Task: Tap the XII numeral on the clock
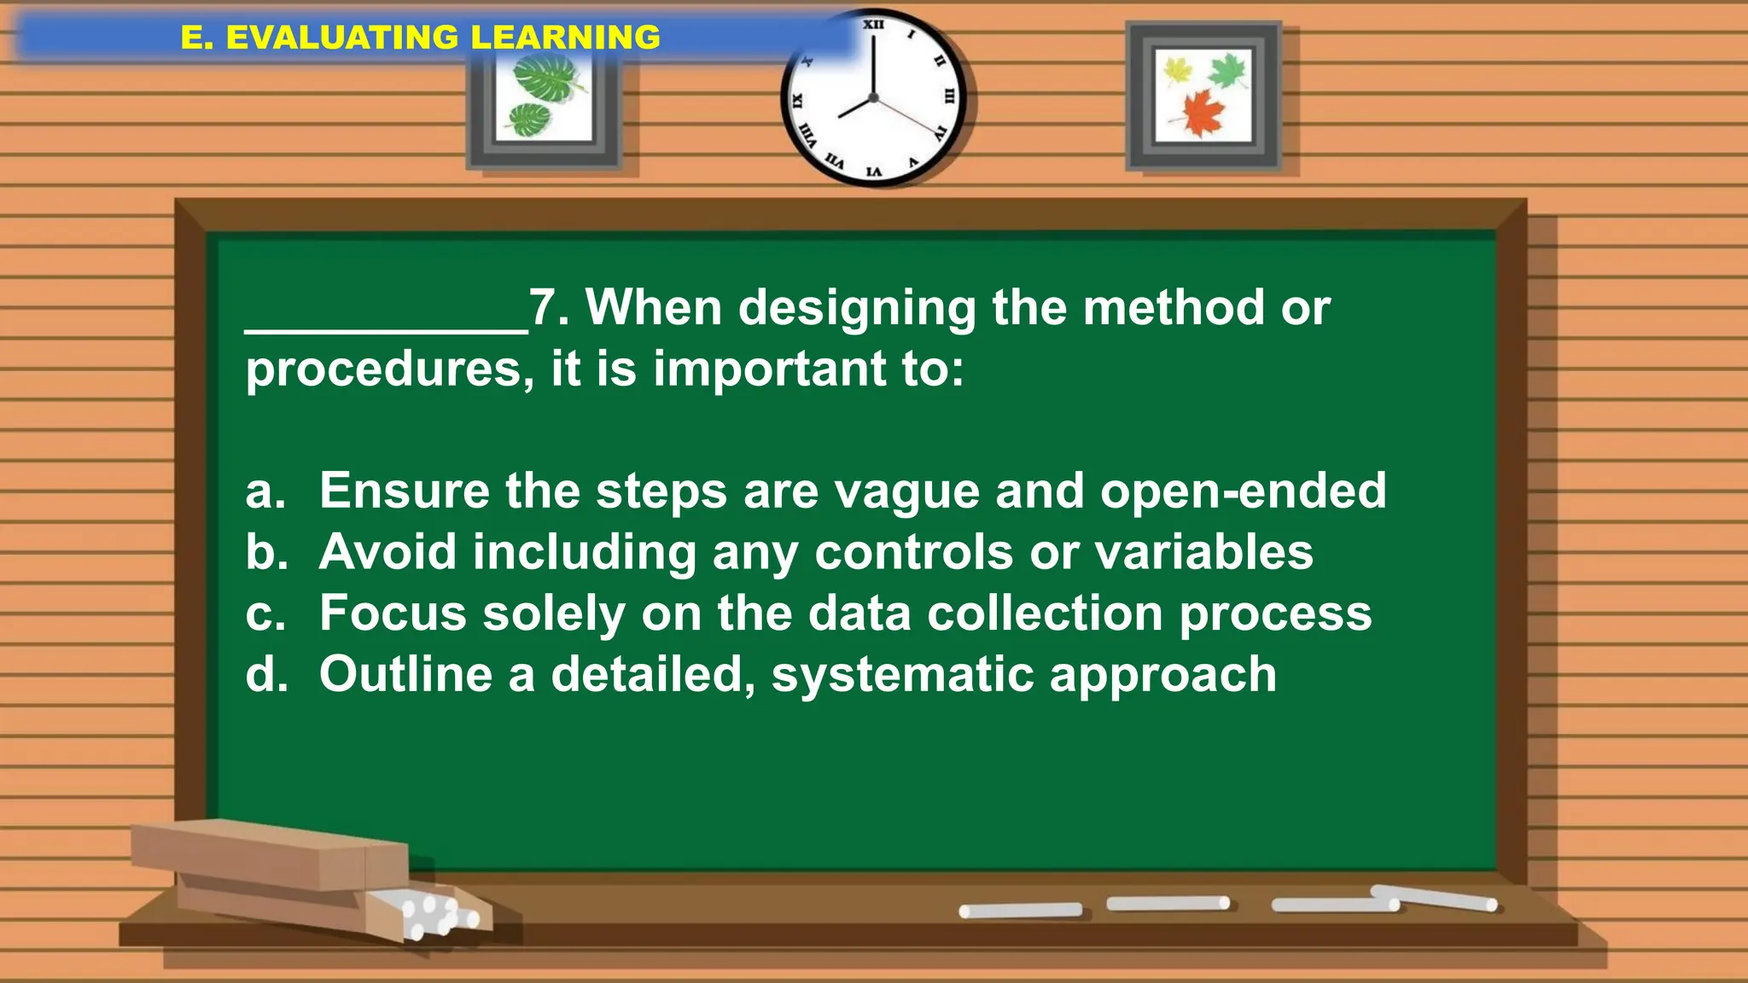click(873, 25)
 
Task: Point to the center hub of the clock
click(873, 98)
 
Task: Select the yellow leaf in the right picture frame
click(1178, 70)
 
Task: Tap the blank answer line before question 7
click(386, 329)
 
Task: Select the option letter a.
click(265, 491)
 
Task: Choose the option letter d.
click(266, 674)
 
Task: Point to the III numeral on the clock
click(948, 96)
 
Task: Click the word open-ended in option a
click(1243, 492)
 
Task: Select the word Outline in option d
click(405, 674)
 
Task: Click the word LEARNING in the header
click(565, 38)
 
